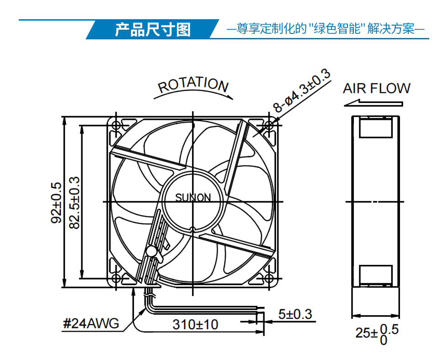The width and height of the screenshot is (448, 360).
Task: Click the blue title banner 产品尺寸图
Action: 153,29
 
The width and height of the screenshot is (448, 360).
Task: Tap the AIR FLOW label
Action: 377,88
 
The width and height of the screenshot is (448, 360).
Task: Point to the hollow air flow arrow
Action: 373,103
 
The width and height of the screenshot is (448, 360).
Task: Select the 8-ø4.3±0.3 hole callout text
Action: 302,91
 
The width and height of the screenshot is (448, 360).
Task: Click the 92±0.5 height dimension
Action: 56,203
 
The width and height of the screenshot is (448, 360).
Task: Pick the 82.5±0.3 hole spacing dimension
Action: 75,203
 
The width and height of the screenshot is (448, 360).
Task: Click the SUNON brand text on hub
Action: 193,197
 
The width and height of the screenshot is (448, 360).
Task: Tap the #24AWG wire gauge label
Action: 91,323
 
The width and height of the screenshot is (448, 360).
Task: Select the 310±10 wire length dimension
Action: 196,324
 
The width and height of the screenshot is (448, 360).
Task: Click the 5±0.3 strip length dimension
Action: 295,314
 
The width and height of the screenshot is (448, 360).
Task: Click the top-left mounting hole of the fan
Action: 116,125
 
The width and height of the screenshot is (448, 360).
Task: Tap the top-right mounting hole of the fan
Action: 269,125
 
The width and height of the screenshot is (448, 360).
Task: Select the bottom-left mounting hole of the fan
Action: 116,278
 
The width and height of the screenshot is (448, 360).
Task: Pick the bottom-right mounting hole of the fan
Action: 269,278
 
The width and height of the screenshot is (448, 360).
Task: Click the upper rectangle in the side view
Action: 376,128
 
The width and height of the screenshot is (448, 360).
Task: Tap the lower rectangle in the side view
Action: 376,275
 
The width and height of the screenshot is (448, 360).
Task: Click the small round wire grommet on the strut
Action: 151,251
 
